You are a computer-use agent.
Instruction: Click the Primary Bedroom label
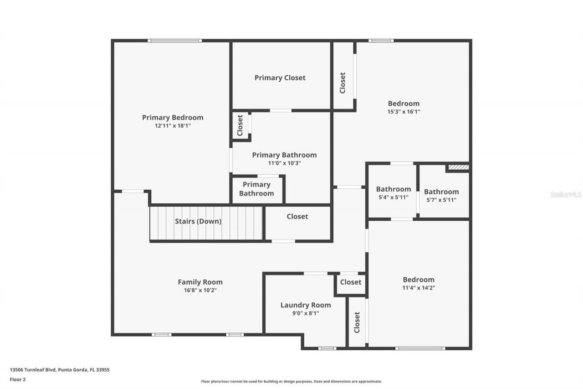tap(173, 118)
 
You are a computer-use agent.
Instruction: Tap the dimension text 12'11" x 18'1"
tap(173, 126)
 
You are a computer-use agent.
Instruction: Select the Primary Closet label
tap(280, 78)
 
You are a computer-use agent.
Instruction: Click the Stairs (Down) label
tap(198, 222)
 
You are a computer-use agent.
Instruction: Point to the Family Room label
tap(200, 282)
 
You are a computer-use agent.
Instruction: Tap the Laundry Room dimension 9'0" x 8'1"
tap(306, 313)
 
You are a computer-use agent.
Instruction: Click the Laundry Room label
tap(306, 305)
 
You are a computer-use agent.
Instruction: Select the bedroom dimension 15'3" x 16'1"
tap(404, 112)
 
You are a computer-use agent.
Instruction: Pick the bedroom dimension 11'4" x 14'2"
tap(418, 288)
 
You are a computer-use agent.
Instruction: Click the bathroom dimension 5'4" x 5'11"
tap(393, 197)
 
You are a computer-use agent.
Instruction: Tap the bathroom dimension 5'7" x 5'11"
tap(441, 200)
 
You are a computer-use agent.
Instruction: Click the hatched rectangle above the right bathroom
tap(458, 167)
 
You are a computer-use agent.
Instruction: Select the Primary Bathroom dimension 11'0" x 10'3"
tap(284, 163)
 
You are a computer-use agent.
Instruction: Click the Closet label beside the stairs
tap(297, 217)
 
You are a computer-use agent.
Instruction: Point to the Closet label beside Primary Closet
tap(343, 83)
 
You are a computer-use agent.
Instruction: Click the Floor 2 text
tap(18, 379)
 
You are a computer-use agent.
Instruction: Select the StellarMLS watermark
tap(566, 194)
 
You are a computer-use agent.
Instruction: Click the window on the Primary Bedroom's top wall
tap(174, 41)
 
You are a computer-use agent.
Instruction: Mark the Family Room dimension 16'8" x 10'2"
tap(200, 290)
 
